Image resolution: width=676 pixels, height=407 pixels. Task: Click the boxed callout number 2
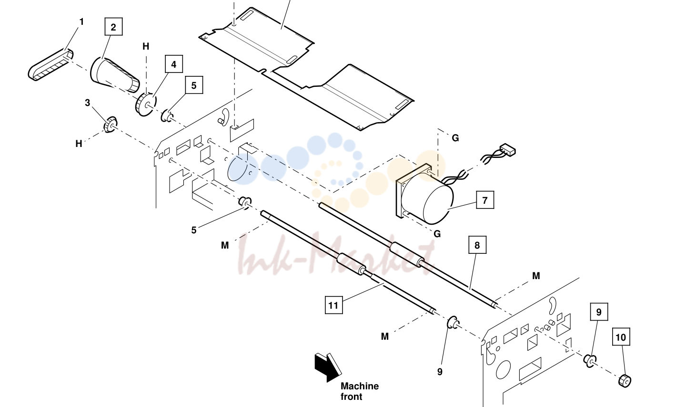113,27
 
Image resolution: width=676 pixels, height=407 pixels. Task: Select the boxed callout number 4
174,64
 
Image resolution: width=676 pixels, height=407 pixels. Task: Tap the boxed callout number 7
485,200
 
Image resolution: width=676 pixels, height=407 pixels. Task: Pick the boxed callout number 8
477,245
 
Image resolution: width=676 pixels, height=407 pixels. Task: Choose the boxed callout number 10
621,336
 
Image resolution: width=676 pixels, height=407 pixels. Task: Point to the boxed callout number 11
333,305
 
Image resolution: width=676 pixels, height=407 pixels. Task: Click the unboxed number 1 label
81,22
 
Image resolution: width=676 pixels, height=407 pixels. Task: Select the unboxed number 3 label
88,103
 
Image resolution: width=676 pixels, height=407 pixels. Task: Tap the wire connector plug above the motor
508,150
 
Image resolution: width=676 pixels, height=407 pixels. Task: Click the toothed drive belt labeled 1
50,65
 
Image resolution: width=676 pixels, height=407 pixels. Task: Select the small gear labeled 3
110,124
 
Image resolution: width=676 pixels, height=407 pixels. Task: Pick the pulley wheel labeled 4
145,104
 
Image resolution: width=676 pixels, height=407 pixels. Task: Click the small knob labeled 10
625,381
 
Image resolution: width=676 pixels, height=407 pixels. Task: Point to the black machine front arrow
327,367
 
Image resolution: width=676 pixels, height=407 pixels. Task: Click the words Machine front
359,391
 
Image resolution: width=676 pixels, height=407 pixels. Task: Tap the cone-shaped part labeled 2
115,74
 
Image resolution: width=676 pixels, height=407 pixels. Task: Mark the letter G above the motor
455,138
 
